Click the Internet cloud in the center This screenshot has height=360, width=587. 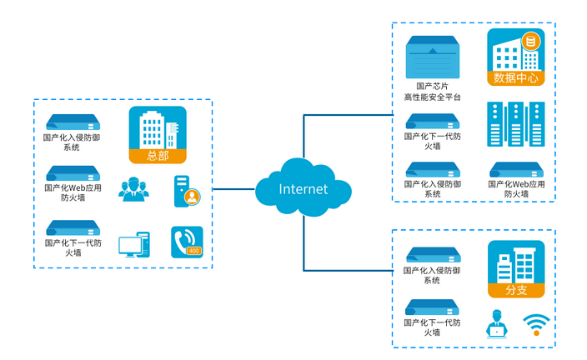[303, 188]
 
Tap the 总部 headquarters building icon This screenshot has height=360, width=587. [158, 133]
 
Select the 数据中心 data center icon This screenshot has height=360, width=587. [516, 56]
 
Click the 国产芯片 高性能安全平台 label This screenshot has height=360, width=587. [432, 91]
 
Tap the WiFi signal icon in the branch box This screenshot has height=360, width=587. [536, 324]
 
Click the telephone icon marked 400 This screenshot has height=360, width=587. [187, 242]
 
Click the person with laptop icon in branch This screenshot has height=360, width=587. [496, 323]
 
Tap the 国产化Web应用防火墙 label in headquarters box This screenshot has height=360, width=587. [73, 193]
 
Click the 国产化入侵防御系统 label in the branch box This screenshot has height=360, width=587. [432, 276]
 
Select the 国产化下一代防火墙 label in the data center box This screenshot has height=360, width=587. [432, 141]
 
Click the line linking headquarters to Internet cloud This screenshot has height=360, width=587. [233, 189]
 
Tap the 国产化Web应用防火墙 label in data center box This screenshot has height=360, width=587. [516, 189]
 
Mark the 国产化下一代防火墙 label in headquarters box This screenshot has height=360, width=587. [73, 247]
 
